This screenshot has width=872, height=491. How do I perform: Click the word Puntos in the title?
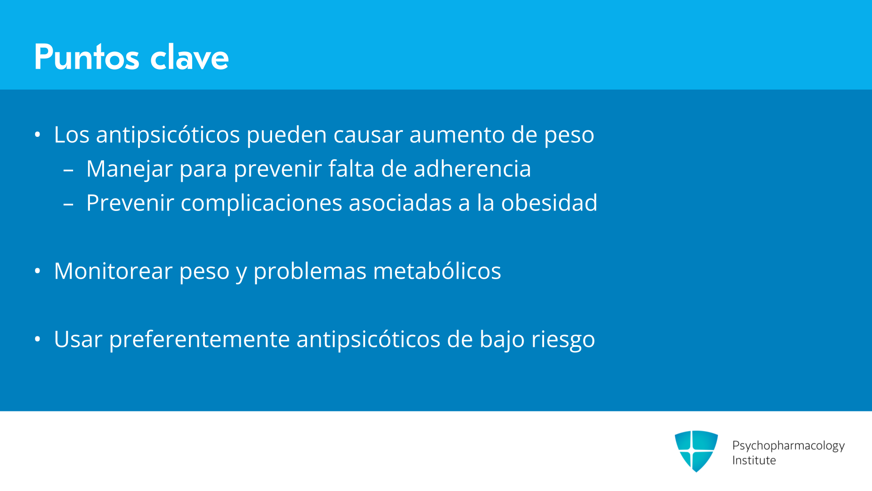[87, 57]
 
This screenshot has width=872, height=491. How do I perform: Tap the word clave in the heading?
[189, 57]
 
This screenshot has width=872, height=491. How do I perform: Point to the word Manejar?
[129, 169]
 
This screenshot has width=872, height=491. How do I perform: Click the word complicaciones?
[261, 203]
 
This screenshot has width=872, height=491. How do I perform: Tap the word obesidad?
[549, 203]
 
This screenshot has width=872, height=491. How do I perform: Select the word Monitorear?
[113, 271]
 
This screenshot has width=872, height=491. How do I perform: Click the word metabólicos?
[437, 271]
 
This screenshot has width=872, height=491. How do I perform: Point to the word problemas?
[310, 272]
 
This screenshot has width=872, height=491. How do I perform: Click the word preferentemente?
[199, 340]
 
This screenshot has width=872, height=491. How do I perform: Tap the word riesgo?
[563, 340]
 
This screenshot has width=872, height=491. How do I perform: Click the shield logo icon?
[696, 451]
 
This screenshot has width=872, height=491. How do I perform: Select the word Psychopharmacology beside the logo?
[788, 446]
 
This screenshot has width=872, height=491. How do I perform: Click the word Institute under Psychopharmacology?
[754, 460]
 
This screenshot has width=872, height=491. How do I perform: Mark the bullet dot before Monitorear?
[38, 271]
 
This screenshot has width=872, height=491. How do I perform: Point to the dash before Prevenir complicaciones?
[69, 204]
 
